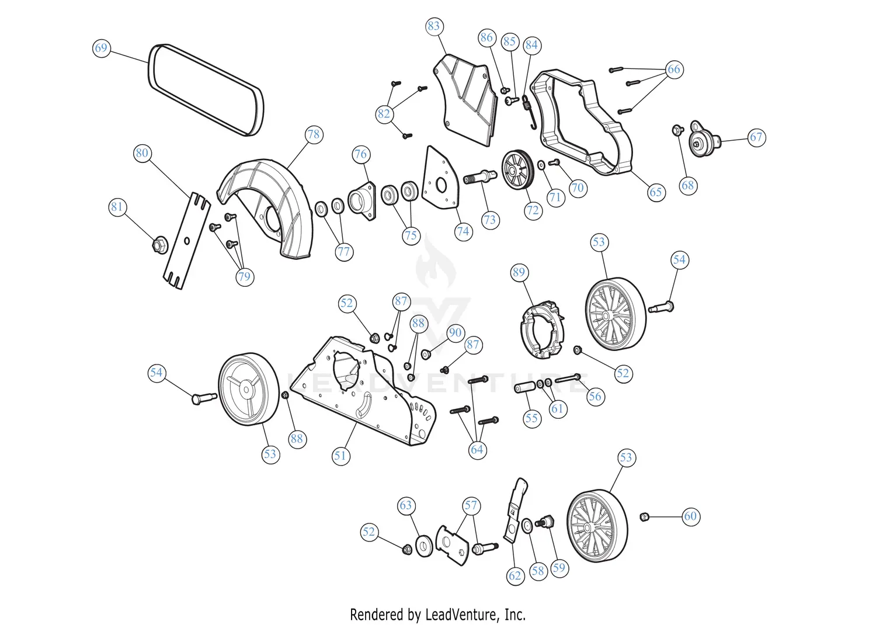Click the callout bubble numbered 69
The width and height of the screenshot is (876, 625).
click(101, 47)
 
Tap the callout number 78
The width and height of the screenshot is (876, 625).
click(314, 134)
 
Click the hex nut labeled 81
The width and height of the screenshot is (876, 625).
click(157, 245)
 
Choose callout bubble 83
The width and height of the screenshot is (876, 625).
click(433, 26)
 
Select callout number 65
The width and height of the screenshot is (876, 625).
click(656, 192)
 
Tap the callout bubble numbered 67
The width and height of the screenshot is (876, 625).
click(756, 137)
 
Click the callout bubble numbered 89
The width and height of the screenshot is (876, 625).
click(519, 272)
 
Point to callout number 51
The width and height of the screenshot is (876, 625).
click(340, 456)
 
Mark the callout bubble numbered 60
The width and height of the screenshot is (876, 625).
click(691, 516)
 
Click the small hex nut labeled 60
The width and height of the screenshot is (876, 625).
click(645, 516)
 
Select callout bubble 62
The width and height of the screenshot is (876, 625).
click(515, 576)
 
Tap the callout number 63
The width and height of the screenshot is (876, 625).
click(406, 505)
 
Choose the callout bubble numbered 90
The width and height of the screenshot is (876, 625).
click(455, 333)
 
